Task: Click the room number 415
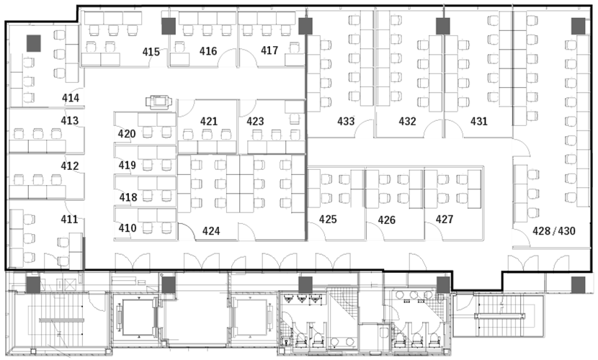[x=151, y=51]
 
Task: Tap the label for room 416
[x=208, y=50]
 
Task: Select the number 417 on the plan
[x=269, y=50]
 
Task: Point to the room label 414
[x=71, y=98]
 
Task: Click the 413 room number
[x=70, y=120]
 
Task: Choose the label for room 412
[x=70, y=166]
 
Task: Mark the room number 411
[x=69, y=219]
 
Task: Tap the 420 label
[x=127, y=134]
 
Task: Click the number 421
[x=209, y=121]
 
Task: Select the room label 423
[x=255, y=121]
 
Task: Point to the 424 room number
[x=211, y=231]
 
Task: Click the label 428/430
[x=554, y=231]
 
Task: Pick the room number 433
[x=346, y=121]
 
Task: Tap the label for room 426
[x=387, y=220]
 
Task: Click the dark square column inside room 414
[x=34, y=43]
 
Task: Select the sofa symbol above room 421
[x=159, y=102]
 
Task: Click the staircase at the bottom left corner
[x=60, y=319]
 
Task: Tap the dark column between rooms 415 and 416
[x=169, y=27]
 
